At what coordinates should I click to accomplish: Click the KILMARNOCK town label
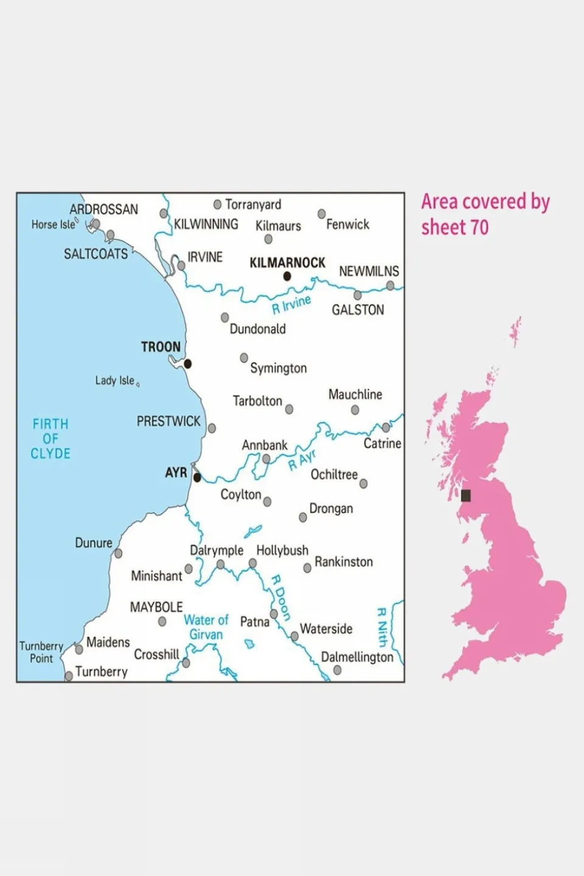(x=287, y=263)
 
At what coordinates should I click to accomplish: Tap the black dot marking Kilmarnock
(x=287, y=276)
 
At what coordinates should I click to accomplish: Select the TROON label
(x=161, y=347)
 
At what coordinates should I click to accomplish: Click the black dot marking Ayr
(x=197, y=478)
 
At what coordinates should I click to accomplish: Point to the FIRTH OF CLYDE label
(x=51, y=439)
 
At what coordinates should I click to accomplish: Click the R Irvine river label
(x=291, y=304)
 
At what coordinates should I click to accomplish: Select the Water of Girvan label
(x=206, y=627)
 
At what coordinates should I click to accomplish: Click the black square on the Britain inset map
(x=466, y=496)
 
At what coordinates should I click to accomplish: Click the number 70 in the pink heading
(x=479, y=228)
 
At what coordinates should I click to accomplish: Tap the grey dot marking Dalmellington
(x=337, y=670)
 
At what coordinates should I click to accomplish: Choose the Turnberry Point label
(x=41, y=652)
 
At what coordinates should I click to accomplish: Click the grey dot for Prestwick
(x=212, y=429)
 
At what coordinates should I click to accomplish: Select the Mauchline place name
(x=355, y=394)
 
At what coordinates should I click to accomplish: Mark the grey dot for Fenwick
(x=322, y=214)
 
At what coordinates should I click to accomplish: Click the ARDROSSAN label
(x=104, y=209)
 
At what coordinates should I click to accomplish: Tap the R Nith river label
(x=382, y=626)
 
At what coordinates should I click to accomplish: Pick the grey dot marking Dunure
(x=118, y=553)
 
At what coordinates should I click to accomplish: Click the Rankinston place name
(x=343, y=562)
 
